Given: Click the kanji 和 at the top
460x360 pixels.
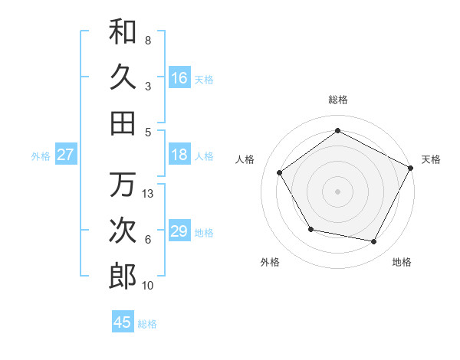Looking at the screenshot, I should click(123, 31).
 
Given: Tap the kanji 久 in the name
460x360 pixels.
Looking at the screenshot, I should click(123, 77).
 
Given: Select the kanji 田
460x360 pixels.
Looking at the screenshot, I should click(123, 123).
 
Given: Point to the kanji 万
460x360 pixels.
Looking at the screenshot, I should click(123, 185).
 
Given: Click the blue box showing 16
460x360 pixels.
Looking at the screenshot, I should click(179, 78).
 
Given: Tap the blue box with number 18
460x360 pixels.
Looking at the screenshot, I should click(179, 155).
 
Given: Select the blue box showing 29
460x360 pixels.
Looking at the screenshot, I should click(179, 231).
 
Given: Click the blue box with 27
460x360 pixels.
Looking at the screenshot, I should click(65, 155).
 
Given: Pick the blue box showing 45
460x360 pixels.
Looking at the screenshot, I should click(123, 322).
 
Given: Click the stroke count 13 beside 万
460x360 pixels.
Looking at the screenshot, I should click(149, 194).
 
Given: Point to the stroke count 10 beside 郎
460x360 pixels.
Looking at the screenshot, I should click(149, 286).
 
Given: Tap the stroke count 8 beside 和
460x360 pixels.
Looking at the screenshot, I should click(148, 40).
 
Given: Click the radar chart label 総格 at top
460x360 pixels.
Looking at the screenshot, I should click(337, 100).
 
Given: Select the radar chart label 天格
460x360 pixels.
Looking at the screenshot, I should click(432, 159).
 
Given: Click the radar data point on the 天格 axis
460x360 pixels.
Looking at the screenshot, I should click(410, 168).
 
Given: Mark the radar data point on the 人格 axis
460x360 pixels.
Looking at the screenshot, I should click(280, 172).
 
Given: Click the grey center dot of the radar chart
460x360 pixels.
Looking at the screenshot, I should click(337, 191).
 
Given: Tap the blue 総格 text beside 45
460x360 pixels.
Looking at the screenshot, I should click(147, 324).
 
